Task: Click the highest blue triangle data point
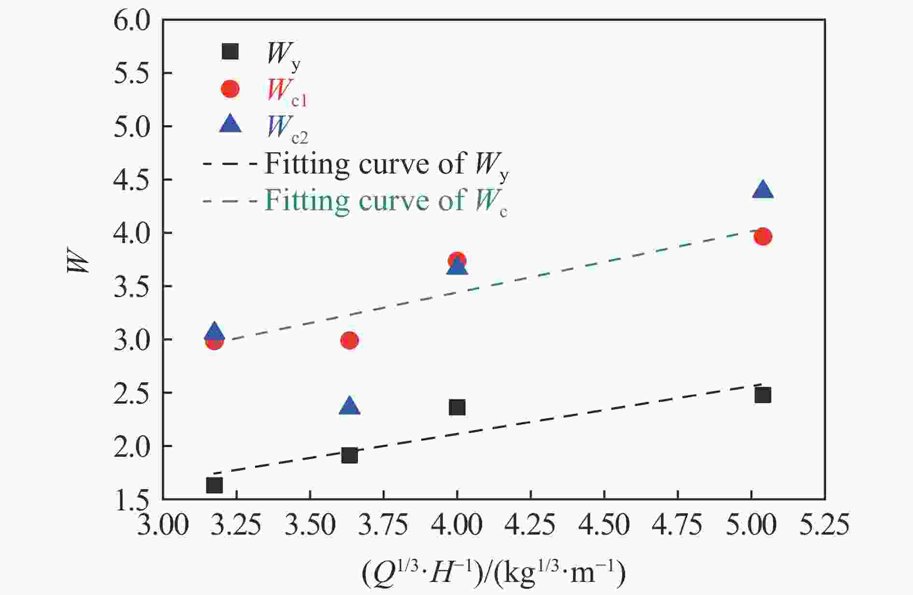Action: point(763,190)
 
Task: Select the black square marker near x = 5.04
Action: point(762,395)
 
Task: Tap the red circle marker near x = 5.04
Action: point(762,236)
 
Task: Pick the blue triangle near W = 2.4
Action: point(350,406)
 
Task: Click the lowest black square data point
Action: point(214,485)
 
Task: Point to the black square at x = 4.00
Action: point(457,407)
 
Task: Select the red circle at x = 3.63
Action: point(349,340)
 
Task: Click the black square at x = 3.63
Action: point(349,455)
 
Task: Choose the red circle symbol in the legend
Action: point(230,88)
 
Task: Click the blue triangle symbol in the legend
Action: point(230,124)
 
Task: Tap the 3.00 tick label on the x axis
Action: point(162,524)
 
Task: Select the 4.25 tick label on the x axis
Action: point(530,524)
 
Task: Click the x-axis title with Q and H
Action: point(493,573)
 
